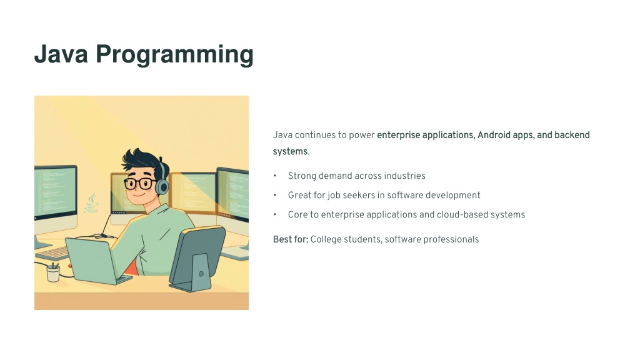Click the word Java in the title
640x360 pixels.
tap(61, 54)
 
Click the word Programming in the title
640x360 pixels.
tap(175, 55)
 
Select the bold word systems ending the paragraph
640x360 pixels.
tap(290, 151)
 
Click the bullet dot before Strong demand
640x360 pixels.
tap(275, 176)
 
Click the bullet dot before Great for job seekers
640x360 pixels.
tap(275, 195)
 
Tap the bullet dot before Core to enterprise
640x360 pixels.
tap(275, 214)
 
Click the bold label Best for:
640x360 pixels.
tap(291, 239)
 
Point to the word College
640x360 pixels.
tap(326, 239)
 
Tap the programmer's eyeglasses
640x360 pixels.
tap(139, 184)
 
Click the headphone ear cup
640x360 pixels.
tap(162, 187)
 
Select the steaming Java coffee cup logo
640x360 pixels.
tap(91, 203)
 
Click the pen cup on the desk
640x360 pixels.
tap(53, 272)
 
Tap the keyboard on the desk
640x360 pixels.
tap(53, 253)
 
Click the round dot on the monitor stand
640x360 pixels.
tap(201, 274)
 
